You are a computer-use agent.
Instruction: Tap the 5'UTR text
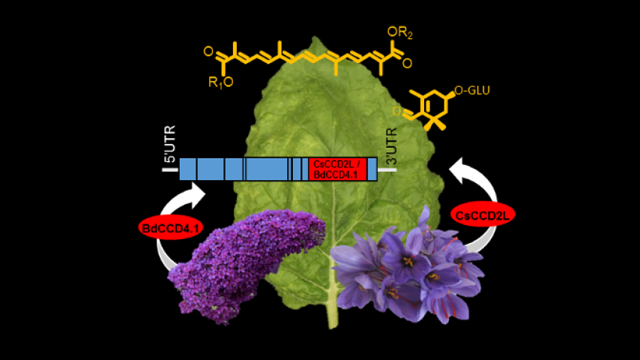pyautogui.click(x=171, y=148)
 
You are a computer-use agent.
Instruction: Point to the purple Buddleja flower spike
pyautogui.click(x=240, y=259)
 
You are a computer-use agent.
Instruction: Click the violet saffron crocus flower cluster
pyautogui.click(x=408, y=266)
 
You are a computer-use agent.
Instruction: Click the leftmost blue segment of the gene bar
pyautogui.click(x=187, y=169)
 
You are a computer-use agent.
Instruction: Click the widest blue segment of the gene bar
pyautogui.click(x=267, y=169)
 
